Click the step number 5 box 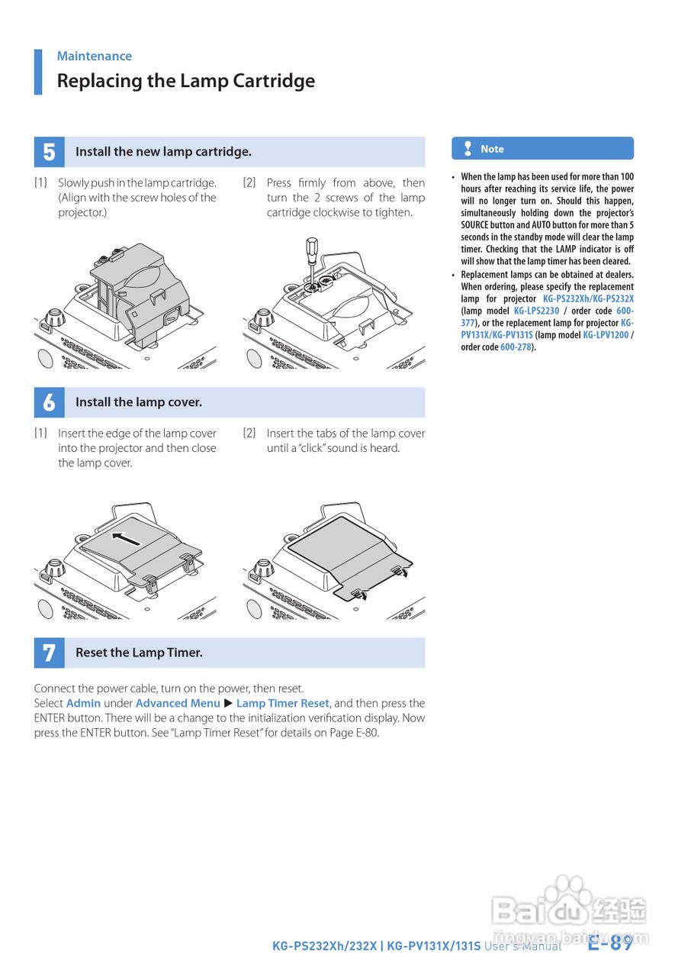49,152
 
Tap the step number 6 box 49,402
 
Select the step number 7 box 49,653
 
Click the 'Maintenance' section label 94,56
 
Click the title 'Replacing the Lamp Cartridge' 185,81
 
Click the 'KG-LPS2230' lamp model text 536,311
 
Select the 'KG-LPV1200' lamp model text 606,335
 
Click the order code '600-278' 516,347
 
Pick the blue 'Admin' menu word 83,703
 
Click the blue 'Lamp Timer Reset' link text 282,703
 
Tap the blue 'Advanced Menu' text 178,703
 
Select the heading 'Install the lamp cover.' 139,402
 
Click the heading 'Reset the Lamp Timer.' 139,653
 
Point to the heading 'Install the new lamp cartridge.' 163,152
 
